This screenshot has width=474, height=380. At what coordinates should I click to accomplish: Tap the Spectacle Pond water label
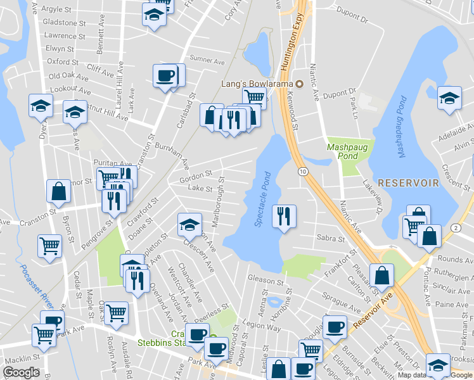(x=263, y=199)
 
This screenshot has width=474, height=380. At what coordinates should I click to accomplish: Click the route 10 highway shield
(x=303, y=172)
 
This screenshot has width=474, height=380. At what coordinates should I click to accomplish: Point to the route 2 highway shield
(x=455, y=227)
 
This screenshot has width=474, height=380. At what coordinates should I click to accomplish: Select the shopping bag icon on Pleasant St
(x=381, y=275)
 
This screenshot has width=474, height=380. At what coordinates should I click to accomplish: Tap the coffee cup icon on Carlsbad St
(x=165, y=76)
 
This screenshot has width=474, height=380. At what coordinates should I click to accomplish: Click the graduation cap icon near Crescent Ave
(x=189, y=224)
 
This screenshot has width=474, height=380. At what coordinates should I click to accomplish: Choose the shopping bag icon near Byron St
(x=58, y=191)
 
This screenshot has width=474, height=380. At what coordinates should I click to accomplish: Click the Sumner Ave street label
(x=207, y=61)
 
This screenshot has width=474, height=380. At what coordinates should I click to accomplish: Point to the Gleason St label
(x=265, y=280)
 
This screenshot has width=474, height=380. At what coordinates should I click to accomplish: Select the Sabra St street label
(x=330, y=239)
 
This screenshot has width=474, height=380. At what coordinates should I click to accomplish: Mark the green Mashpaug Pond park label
(x=342, y=151)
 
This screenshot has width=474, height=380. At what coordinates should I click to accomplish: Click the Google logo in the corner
(x=21, y=372)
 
